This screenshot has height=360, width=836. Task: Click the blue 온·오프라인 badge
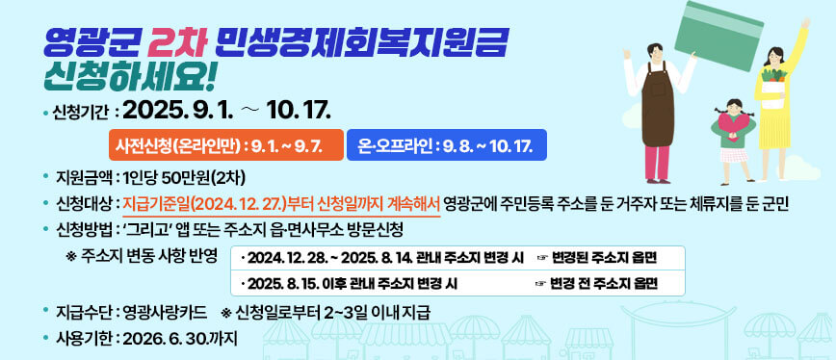[446, 145]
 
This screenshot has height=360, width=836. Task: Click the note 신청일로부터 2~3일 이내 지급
[332, 311]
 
